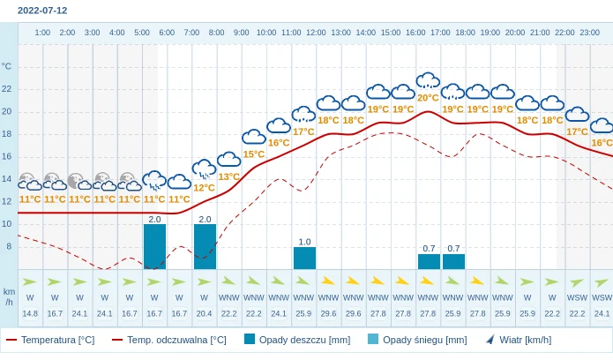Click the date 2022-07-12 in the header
42,11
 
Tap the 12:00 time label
316,33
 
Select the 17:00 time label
440,33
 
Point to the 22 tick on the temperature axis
7,89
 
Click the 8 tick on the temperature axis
9,246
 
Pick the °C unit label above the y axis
7,66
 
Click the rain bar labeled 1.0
304,258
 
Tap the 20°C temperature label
428,98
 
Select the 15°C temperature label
254,154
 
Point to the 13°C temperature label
229,176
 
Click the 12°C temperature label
205,188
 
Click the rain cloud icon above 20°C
428,81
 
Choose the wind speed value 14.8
30,313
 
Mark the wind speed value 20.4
205,313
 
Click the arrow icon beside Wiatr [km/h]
490,339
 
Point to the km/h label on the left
9,296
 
